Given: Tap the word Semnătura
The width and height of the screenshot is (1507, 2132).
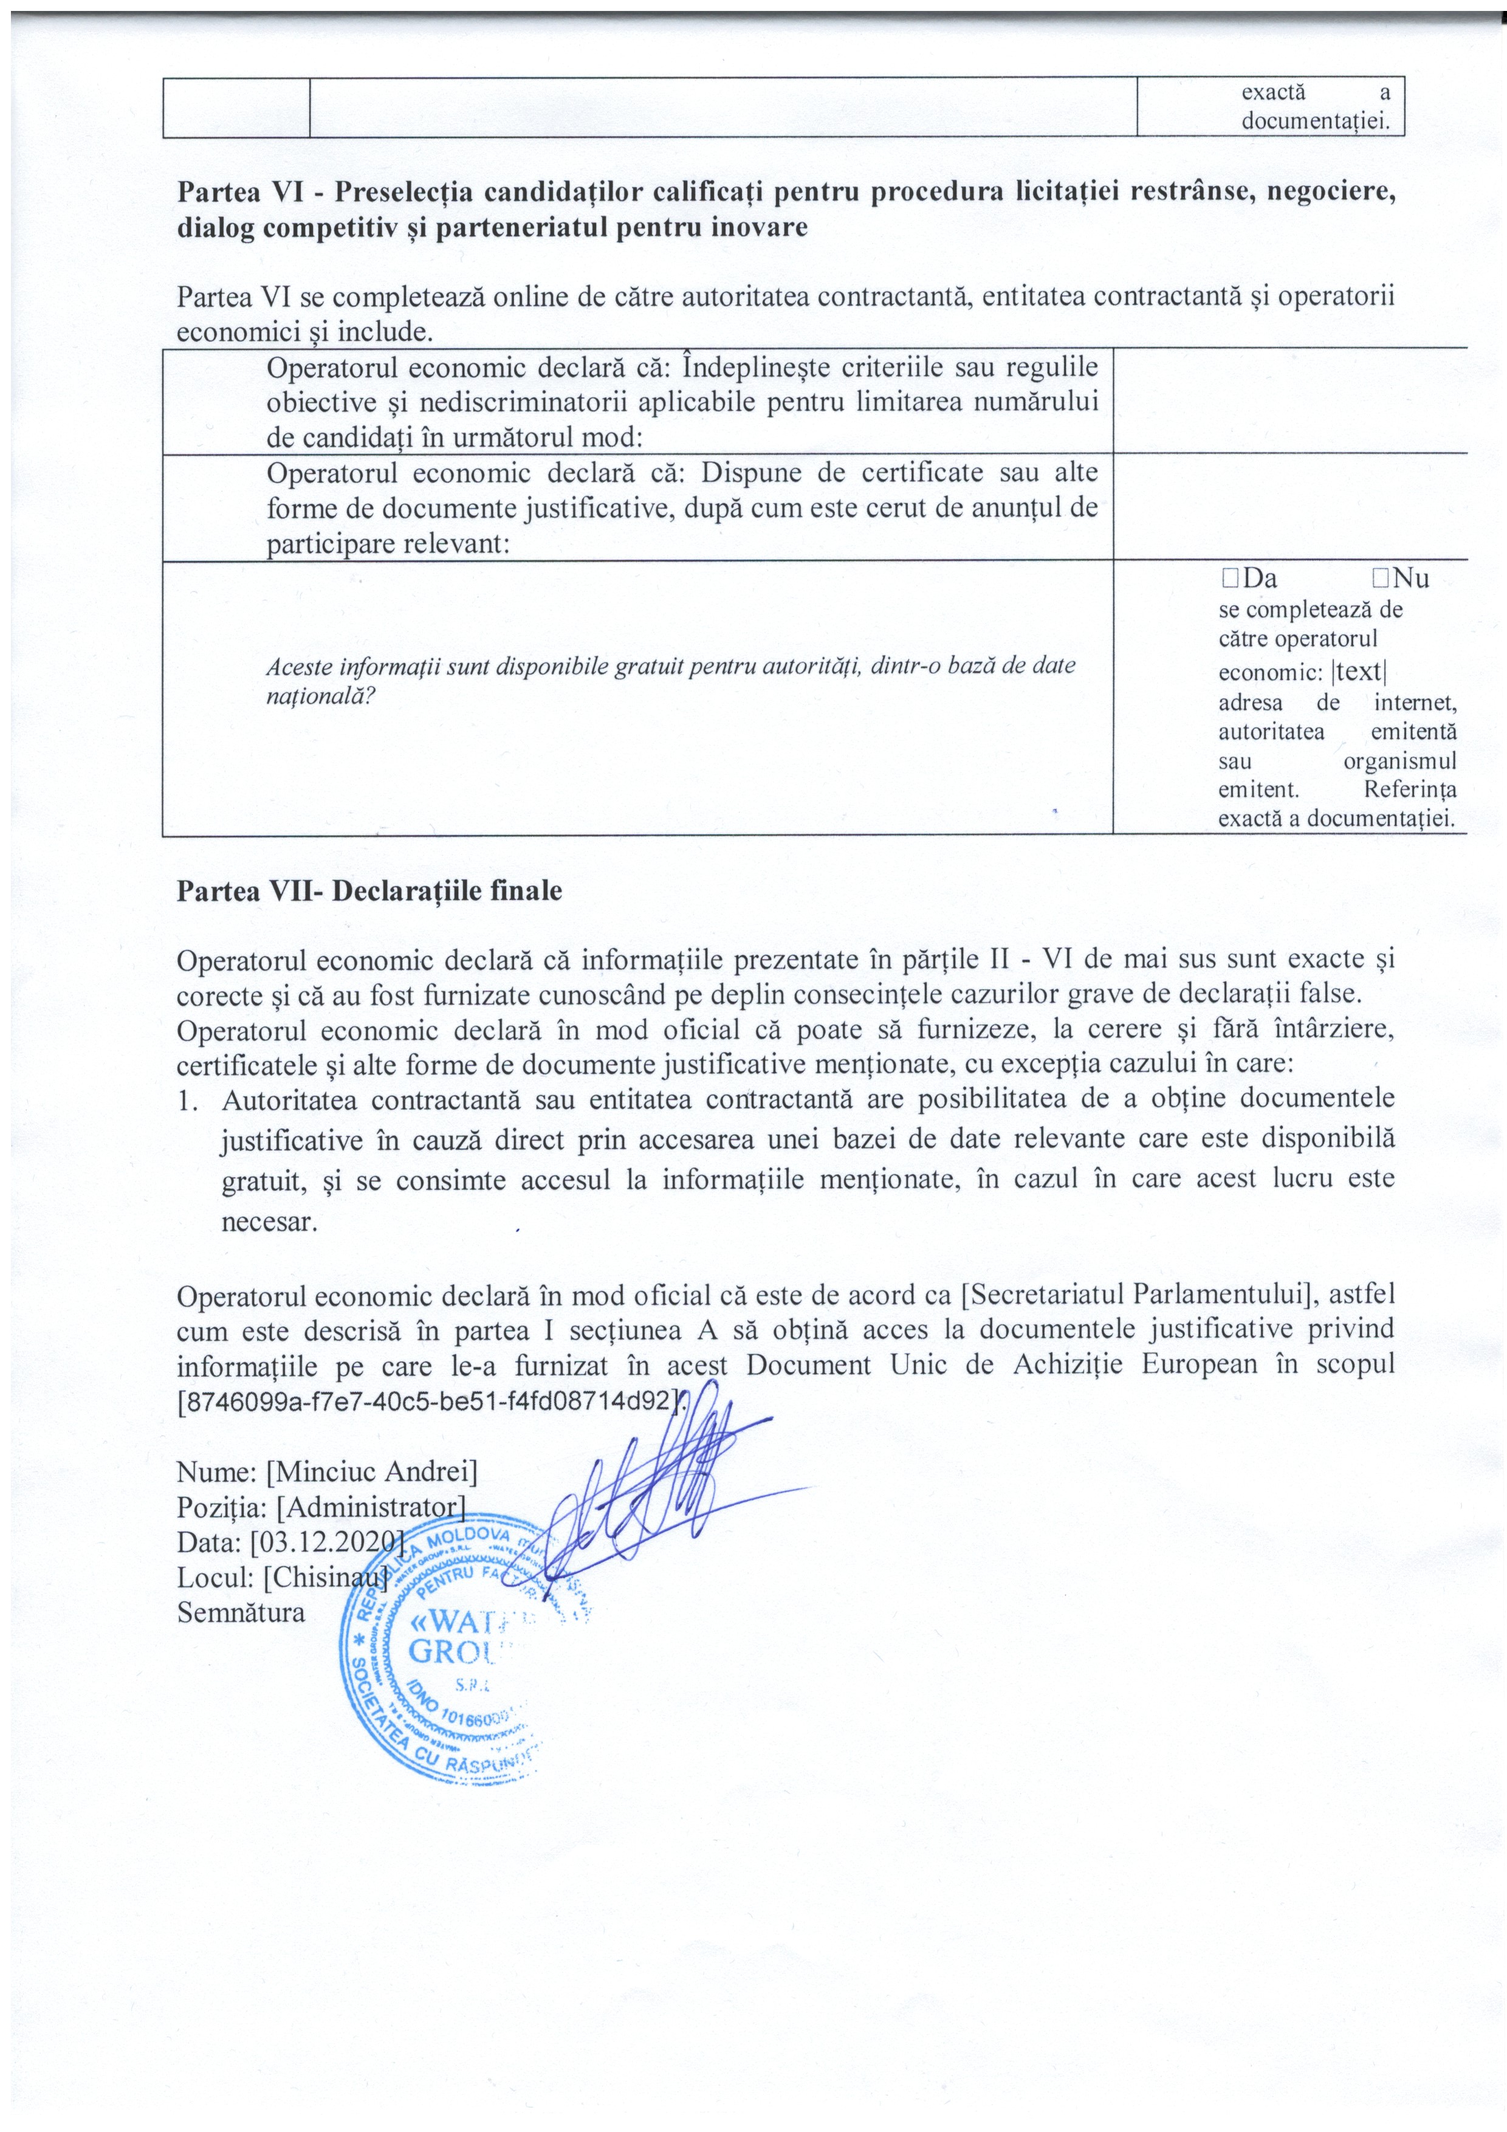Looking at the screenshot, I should coord(241,1612).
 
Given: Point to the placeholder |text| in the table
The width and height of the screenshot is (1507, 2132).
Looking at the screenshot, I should coord(1359,672).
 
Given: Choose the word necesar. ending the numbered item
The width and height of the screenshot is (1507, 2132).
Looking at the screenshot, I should coord(269,1222).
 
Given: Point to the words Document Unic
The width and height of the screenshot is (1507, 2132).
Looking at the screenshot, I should coord(854,1365).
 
